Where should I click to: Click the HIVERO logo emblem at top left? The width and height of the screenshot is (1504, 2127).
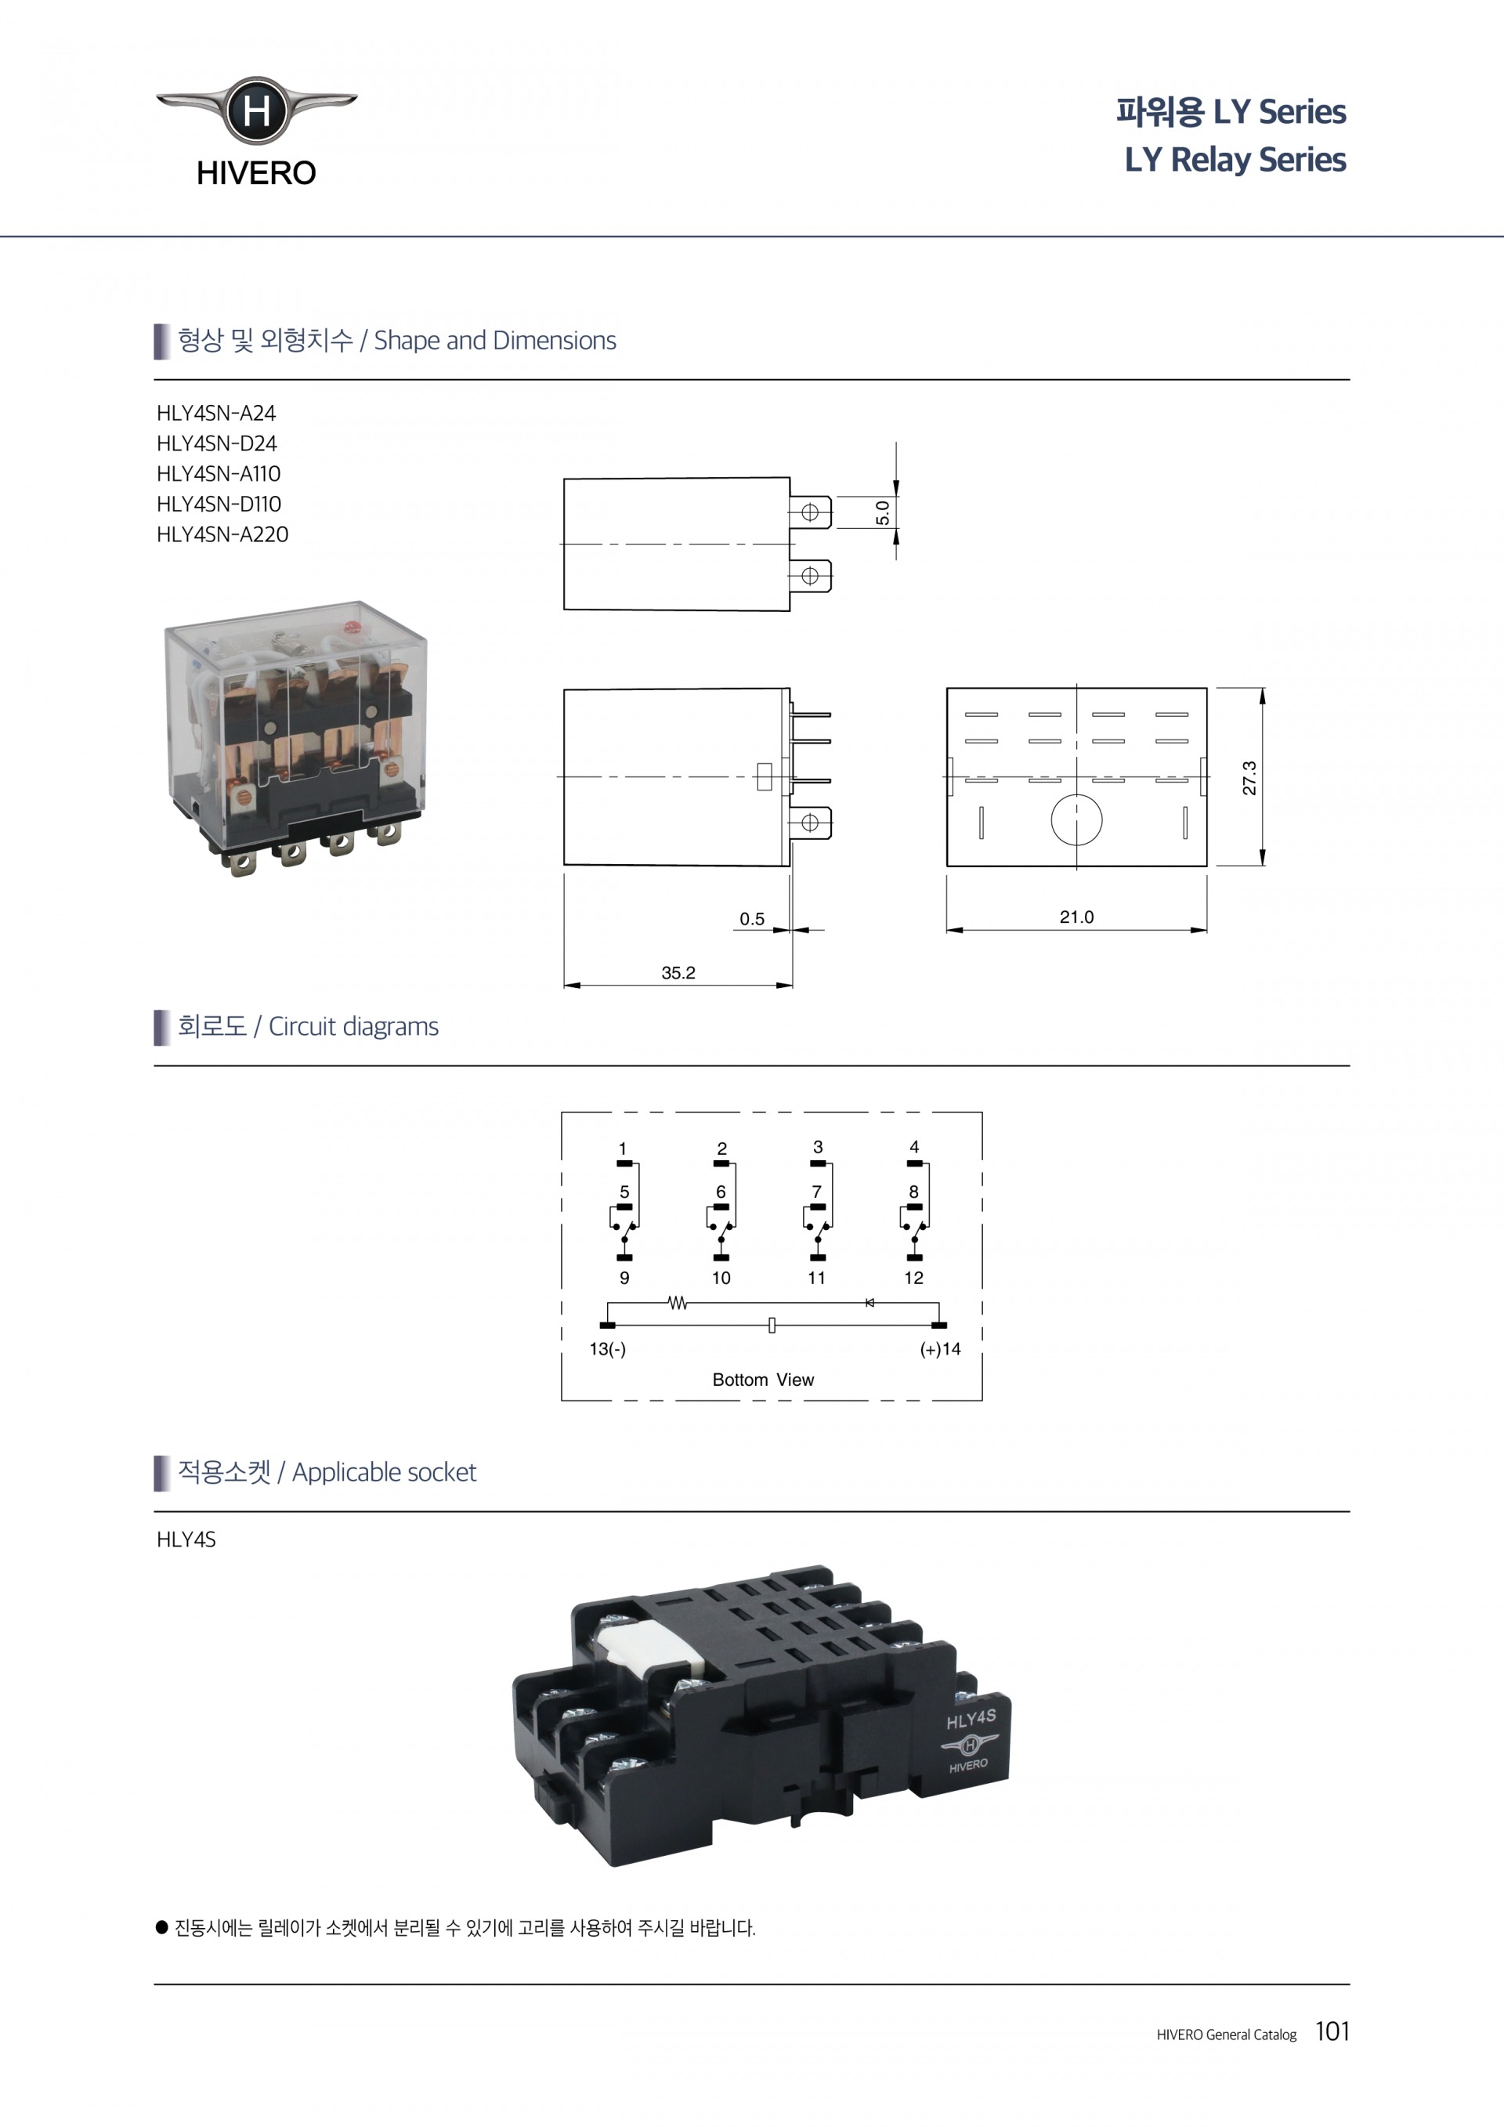256,111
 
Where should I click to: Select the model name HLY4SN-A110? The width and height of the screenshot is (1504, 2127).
219,473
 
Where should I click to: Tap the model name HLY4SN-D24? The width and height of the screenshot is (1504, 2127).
217,443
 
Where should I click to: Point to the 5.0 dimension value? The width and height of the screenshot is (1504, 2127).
883,512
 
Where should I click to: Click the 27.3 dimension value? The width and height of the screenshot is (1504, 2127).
1249,777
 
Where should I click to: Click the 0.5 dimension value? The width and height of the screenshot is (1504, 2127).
751,918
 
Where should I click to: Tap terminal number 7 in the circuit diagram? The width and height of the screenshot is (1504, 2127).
816,1192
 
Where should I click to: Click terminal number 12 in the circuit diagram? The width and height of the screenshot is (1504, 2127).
913,1278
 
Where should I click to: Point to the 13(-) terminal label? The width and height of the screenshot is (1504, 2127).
608,1349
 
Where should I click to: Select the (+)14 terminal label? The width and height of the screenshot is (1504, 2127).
940,1349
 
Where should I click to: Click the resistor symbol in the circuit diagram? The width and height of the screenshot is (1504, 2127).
678,1303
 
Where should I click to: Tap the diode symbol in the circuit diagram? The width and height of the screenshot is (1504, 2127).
869,1303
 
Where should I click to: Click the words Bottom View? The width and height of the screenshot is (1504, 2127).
763,1380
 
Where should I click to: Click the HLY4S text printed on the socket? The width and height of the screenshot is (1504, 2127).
971,1720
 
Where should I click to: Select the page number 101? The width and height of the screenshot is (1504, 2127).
1332,2031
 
